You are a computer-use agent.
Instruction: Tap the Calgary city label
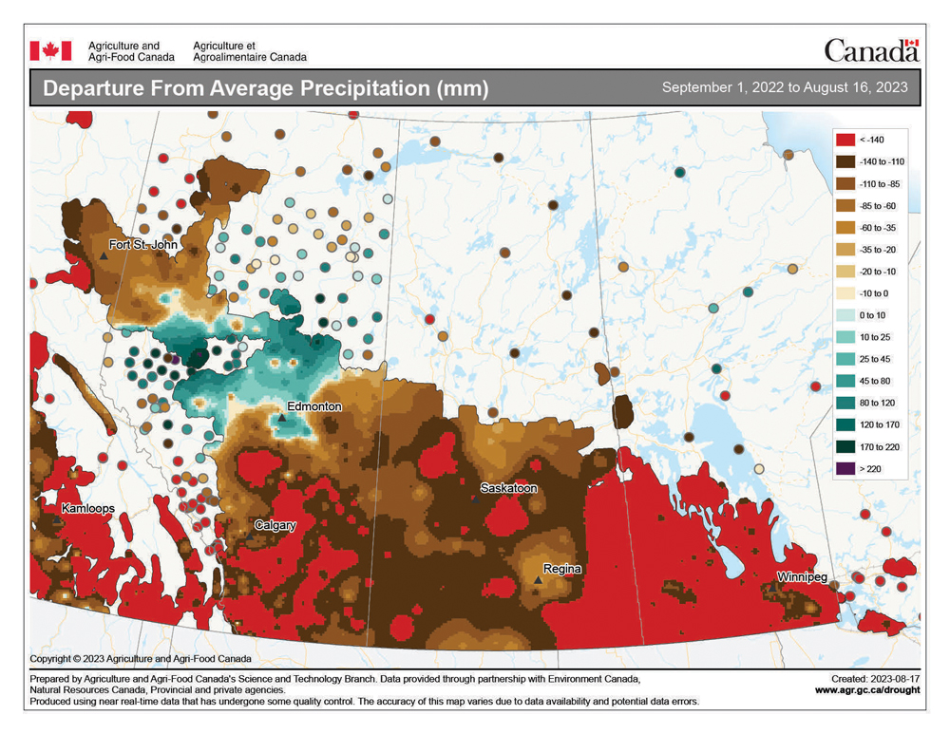coord(275,525)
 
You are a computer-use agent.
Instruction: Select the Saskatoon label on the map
coord(508,488)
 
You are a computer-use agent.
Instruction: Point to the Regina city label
coord(562,569)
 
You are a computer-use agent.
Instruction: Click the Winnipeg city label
coord(803,577)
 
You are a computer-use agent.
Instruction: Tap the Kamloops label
coord(88,509)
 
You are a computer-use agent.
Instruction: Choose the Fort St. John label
coord(142,245)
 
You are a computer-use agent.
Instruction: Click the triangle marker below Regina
coord(539,579)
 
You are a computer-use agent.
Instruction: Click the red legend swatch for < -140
coord(845,140)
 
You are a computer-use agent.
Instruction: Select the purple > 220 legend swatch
coord(845,468)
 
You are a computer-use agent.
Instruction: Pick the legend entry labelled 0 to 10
coord(845,315)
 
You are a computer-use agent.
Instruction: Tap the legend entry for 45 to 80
coord(845,381)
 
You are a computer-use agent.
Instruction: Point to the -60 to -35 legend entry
coord(845,228)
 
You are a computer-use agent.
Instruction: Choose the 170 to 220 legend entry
coord(845,446)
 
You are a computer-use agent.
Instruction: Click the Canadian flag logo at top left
coord(50,50)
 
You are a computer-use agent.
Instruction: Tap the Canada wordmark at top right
coord(870,50)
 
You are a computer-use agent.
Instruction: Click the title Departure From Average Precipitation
coord(266,89)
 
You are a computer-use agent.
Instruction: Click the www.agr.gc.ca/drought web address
coord(866,690)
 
